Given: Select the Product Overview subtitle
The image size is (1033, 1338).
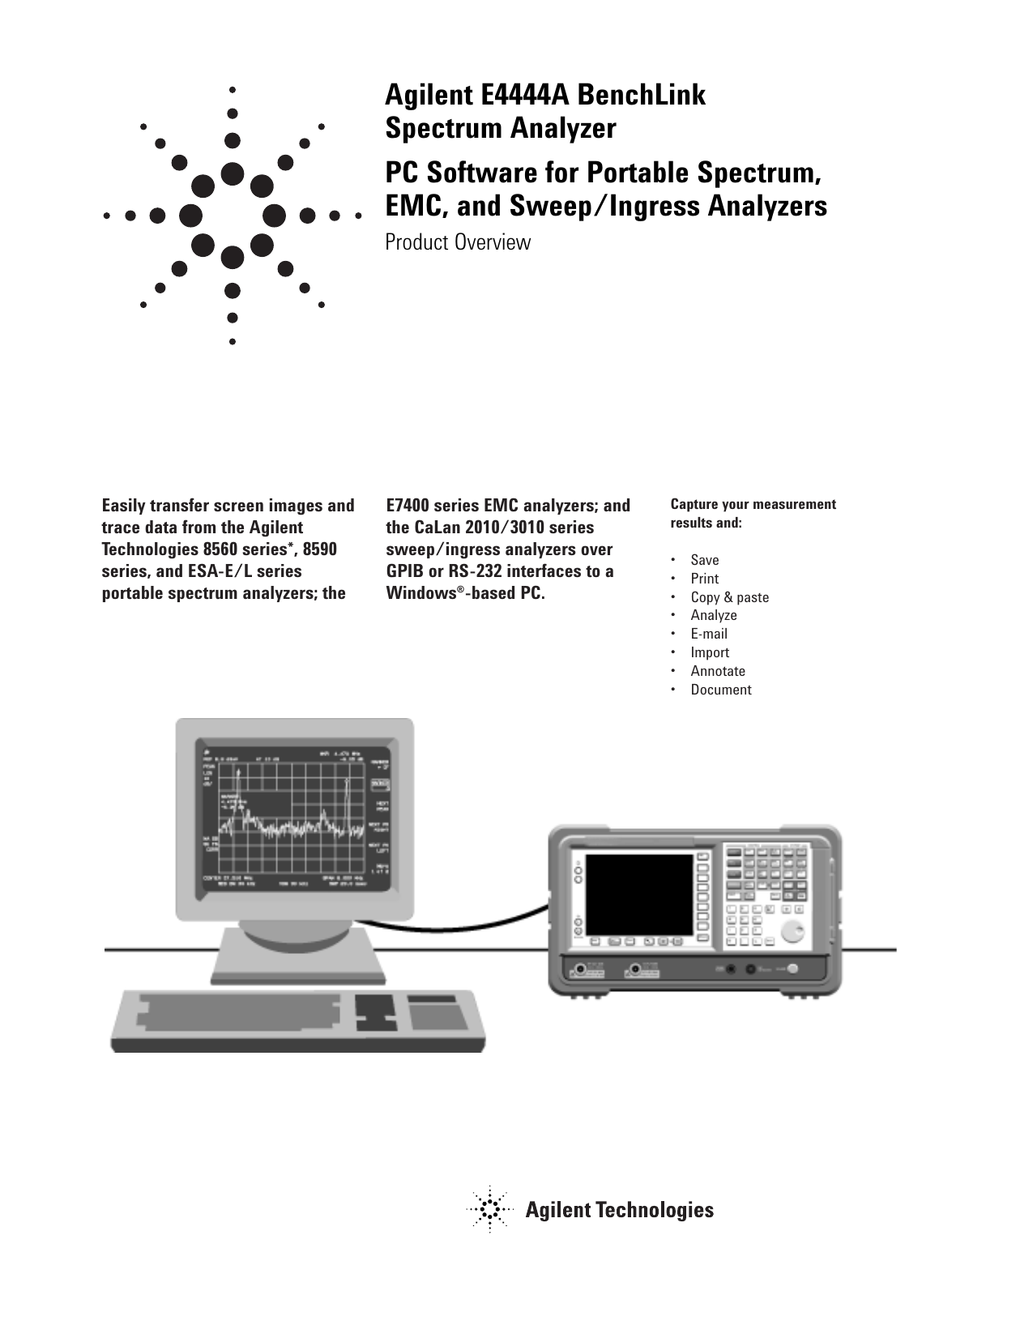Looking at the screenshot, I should pyautogui.click(x=458, y=242).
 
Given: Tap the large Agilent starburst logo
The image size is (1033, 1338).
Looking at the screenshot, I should pyautogui.click(x=233, y=216).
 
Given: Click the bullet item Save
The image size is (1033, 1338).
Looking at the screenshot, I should pyautogui.click(x=704, y=560).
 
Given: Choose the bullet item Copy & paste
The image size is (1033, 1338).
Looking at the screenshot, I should pyautogui.click(x=729, y=597).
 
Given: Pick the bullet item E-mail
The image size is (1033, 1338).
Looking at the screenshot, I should pyautogui.click(x=709, y=634).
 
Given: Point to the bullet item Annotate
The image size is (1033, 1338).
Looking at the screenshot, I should pyautogui.click(x=718, y=671).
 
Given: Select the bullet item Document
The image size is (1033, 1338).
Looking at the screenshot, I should pyautogui.click(x=721, y=690).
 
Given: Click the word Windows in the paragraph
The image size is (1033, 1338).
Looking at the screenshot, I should pyautogui.click(x=420, y=593).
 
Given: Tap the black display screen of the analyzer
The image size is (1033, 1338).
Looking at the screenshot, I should pyautogui.click(x=639, y=894).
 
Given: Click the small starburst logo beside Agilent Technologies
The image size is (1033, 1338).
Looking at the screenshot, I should pyautogui.click(x=489, y=1210).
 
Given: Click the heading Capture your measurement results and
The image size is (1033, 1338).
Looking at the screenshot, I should pyautogui.click(x=752, y=513).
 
